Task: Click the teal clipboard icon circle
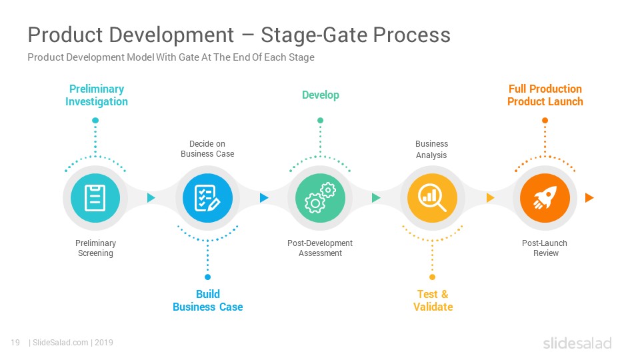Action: click(x=95, y=198)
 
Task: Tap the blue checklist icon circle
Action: click(x=208, y=198)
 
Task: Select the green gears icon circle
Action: click(x=321, y=198)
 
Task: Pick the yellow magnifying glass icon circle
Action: click(x=432, y=198)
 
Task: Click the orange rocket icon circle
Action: click(x=545, y=198)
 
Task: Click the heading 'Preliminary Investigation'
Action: click(x=97, y=95)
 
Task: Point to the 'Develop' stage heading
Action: click(x=321, y=95)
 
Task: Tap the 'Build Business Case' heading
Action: click(x=208, y=301)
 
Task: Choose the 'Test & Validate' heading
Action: click(x=433, y=301)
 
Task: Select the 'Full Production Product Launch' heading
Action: click(x=545, y=95)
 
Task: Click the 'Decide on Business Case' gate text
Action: click(x=207, y=149)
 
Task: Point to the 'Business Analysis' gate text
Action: click(x=431, y=149)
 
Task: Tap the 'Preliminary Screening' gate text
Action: click(x=95, y=248)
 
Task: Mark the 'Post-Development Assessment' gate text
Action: click(x=320, y=248)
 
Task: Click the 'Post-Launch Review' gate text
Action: click(x=545, y=248)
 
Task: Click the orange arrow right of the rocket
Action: click(x=589, y=198)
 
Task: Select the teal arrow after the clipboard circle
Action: click(x=151, y=198)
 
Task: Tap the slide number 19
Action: click(x=15, y=343)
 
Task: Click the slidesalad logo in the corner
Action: click(x=577, y=343)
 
